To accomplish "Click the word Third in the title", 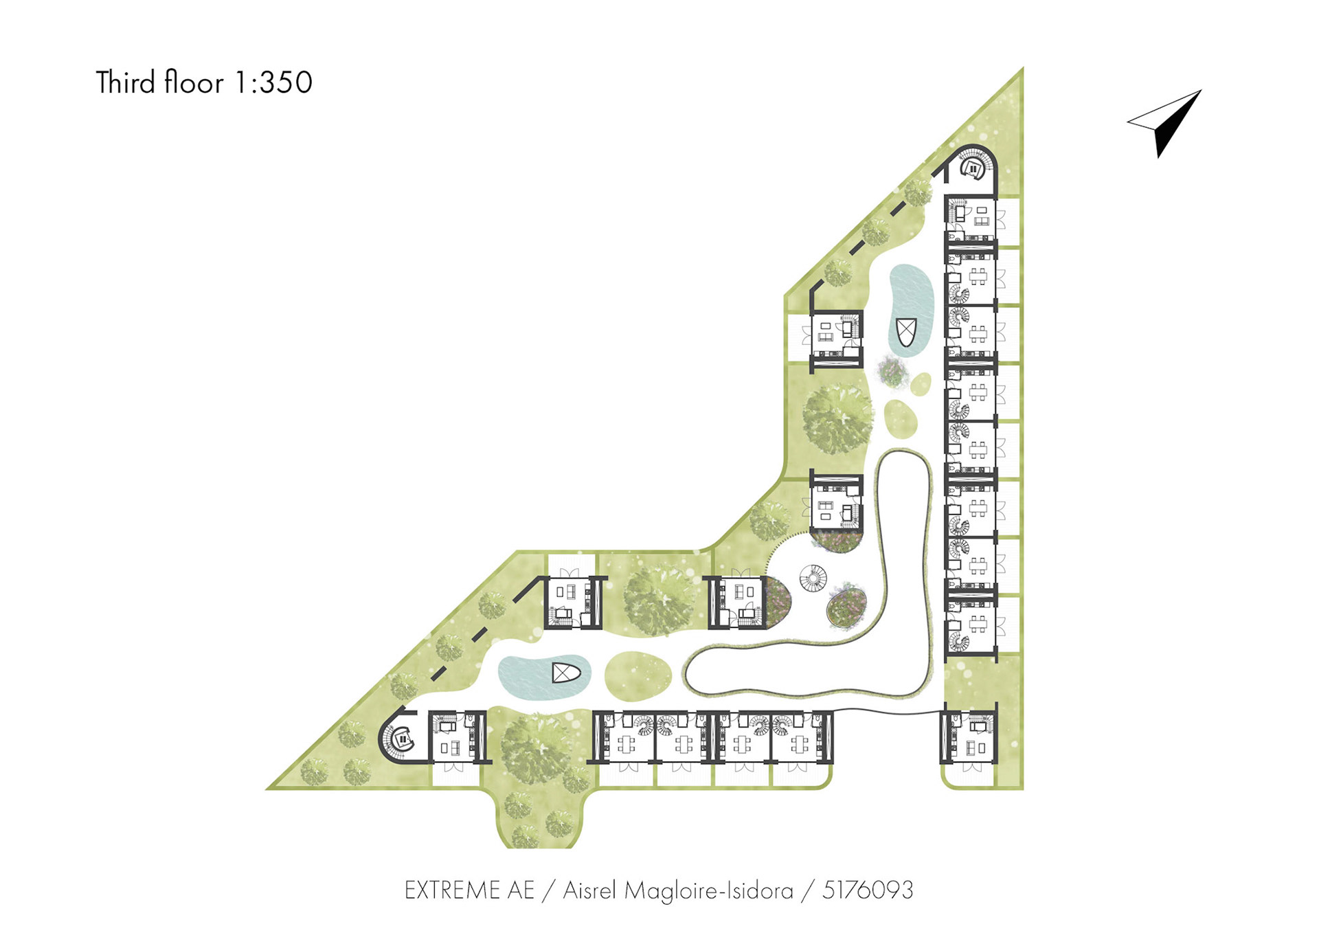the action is click(x=125, y=82).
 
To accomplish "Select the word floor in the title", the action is click(x=194, y=82).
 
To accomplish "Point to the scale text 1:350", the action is click(x=273, y=82).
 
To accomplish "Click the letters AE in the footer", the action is click(x=521, y=890).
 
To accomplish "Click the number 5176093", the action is click(x=868, y=890).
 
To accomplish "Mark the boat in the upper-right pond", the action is click(x=906, y=333).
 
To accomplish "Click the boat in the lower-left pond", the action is click(x=567, y=673).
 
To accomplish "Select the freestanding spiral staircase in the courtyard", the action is click(x=813, y=578).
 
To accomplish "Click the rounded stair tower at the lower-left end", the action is click(x=401, y=738).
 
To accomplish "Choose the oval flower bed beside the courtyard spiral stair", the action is click(x=846, y=605).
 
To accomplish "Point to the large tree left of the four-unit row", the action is click(x=536, y=749).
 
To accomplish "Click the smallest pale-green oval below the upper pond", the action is click(x=921, y=383).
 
